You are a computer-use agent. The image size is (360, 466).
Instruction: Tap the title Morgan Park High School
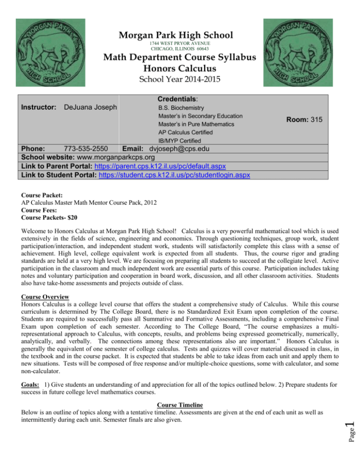point(180,35)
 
